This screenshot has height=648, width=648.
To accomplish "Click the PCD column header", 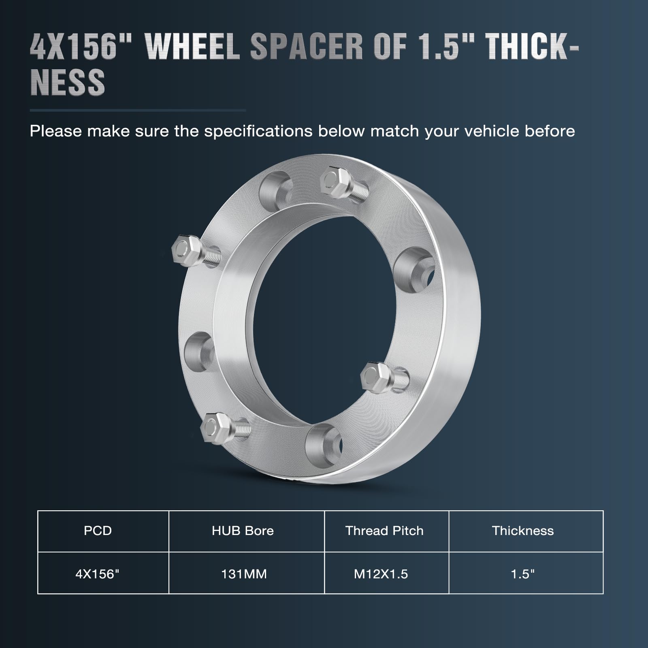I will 98,531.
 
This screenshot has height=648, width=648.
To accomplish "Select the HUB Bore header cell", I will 243,531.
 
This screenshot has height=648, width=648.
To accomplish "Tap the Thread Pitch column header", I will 384,531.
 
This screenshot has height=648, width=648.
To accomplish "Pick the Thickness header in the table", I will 523,531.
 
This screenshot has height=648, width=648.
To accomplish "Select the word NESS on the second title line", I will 68,82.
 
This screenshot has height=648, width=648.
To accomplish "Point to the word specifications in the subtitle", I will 258,131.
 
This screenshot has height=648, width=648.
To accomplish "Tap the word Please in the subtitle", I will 55,131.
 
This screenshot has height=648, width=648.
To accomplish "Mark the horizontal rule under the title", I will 138,110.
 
